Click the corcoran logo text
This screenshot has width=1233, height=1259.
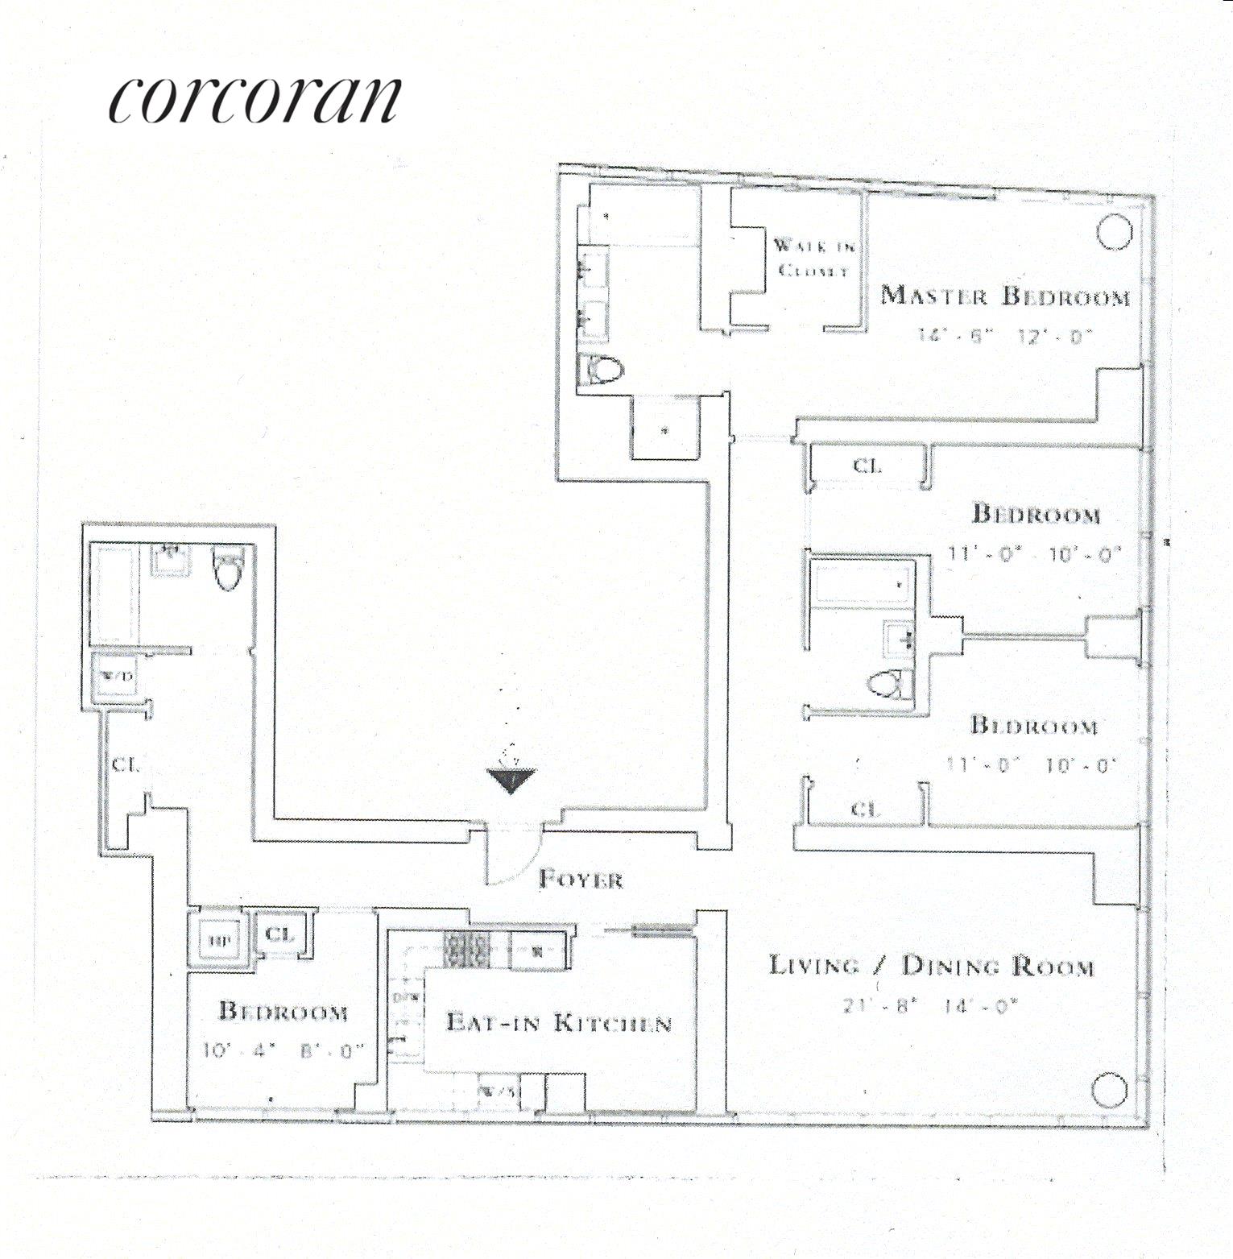tap(254, 100)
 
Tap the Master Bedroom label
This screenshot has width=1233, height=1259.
tap(1004, 296)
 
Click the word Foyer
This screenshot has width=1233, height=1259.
tap(580, 879)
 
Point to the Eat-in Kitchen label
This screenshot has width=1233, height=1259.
tap(559, 1022)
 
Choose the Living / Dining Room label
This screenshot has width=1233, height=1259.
tap(932, 965)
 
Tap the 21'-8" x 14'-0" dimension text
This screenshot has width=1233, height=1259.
tap(930, 1004)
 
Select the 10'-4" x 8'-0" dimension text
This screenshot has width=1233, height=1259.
tap(284, 1050)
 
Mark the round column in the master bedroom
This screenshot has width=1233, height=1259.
tap(1115, 232)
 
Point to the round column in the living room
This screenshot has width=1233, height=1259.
tap(1111, 1091)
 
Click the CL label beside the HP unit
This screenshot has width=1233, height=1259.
tap(280, 934)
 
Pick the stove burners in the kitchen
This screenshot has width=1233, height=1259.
tap(467, 950)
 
